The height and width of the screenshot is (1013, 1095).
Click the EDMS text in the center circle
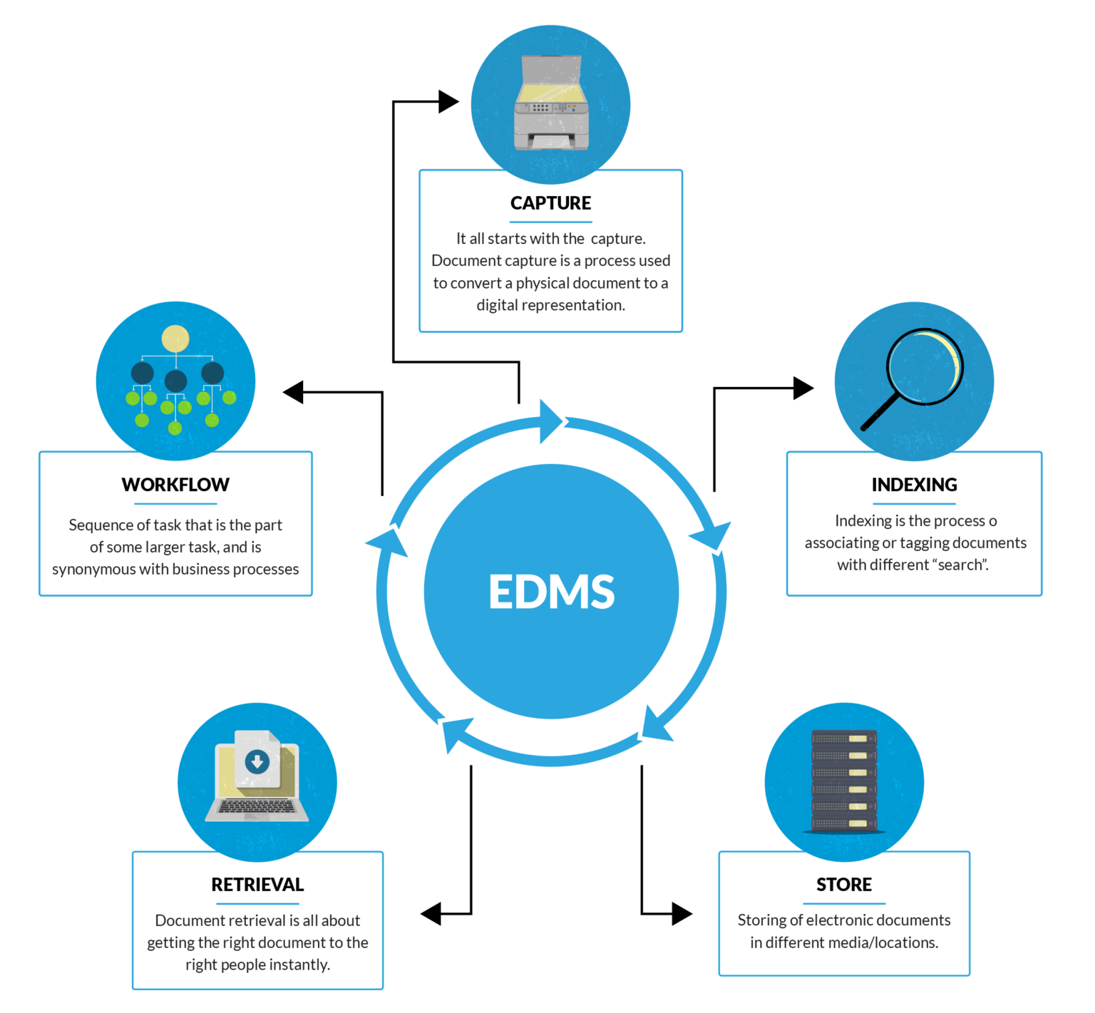pyautogui.click(x=551, y=592)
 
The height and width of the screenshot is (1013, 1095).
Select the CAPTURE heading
pyautogui.click(x=550, y=203)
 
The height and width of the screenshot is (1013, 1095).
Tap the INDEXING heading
pyautogui.click(x=914, y=485)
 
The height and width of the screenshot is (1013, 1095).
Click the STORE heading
pyautogui.click(x=843, y=885)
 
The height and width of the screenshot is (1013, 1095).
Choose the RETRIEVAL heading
pyautogui.click(x=257, y=885)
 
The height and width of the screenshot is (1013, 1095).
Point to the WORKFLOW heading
pyautogui.click(x=175, y=485)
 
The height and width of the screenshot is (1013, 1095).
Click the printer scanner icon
pyautogui.click(x=551, y=103)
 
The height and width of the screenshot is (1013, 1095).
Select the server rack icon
pyautogui.click(x=844, y=781)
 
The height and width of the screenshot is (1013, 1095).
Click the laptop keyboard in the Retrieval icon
pyautogui.click(x=257, y=807)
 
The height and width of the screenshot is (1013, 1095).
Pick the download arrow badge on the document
pyautogui.click(x=257, y=761)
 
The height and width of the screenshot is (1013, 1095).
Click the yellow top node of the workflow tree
pyautogui.click(x=175, y=339)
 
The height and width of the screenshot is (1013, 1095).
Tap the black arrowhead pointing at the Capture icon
pyautogui.click(x=448, y=102)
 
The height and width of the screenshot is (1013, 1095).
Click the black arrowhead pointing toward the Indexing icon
pyautogui.click(x=803, y=389)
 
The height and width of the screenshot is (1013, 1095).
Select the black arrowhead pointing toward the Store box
pyautogui.click(x=682, y=913)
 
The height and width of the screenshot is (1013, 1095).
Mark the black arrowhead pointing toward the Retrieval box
pyautogui.click(x=431, y=913)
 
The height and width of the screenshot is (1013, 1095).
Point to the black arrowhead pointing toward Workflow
pyautogui.click(x=293, y=392)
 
